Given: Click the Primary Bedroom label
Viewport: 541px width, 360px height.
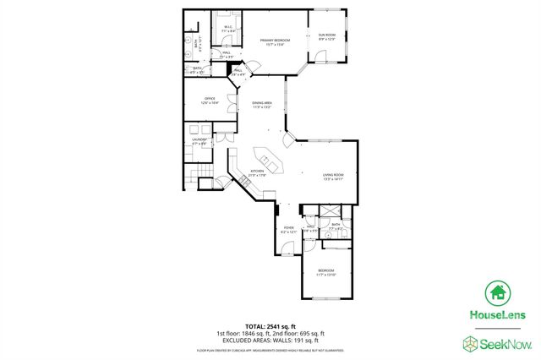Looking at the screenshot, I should (275, 41).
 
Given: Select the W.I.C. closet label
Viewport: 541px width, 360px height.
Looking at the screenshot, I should (227, 29).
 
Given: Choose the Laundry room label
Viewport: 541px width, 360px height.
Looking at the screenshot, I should (199, 141).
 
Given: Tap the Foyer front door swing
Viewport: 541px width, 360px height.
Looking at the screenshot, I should (288, 248).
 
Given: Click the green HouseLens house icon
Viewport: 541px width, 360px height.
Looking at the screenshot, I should (497, 293).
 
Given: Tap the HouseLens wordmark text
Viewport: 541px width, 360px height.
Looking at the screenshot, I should (496, 314).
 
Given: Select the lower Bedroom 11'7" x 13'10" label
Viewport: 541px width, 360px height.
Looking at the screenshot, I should (326, 273).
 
